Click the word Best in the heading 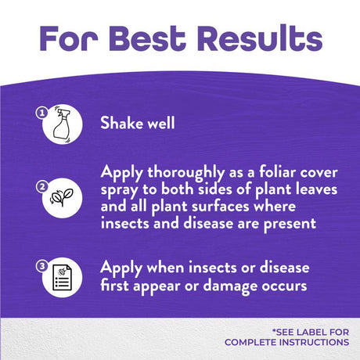(147, 38)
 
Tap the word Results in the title (260, 38)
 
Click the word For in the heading (69, 38)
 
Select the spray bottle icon (63, 124)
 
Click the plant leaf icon (62, 197)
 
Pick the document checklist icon (62, 277)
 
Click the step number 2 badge (42, 187)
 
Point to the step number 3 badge (42, 266)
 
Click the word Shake (122, 123)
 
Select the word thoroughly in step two (185, 174)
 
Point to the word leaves (316, 189)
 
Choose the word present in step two (290, 225)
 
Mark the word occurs (284, 286)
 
